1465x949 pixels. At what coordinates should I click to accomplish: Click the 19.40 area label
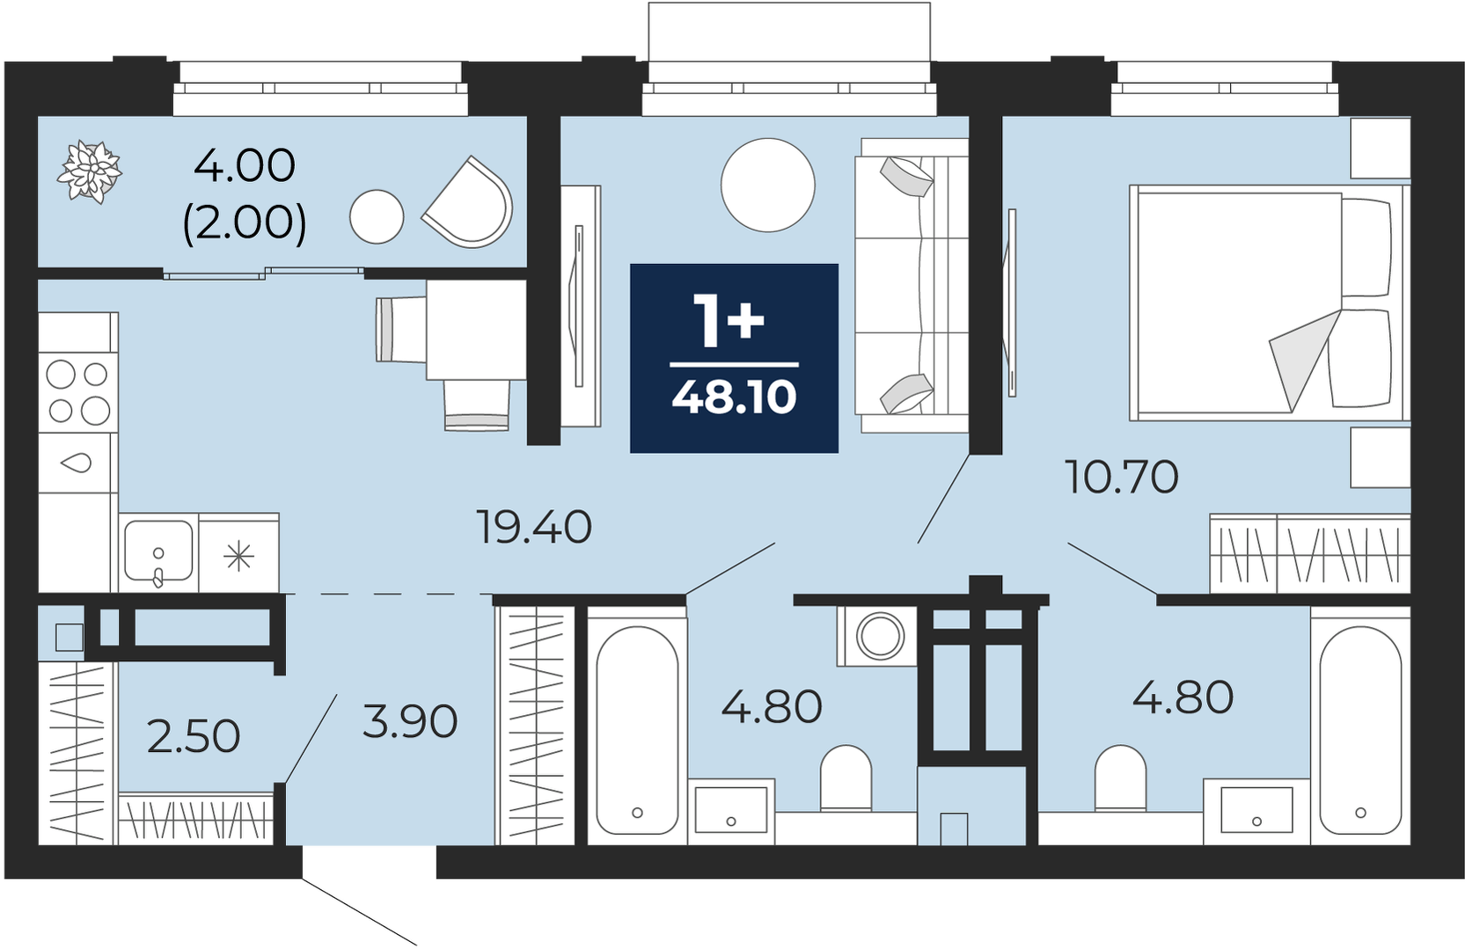[x=535, y=528]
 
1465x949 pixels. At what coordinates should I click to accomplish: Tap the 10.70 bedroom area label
[x=1122, y=477]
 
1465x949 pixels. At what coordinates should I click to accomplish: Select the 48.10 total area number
[x=734, y=397]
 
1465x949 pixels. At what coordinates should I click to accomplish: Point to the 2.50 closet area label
[x=194, y=736]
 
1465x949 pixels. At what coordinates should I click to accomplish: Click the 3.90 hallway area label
[x=410, y=722]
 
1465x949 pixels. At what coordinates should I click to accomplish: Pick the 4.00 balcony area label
[x=245, y=165]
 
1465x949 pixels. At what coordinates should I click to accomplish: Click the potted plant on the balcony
[x=90, y=172]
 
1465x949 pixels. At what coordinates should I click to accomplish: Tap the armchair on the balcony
[x=468, y=202]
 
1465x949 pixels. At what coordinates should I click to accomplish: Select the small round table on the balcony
[x=377, y=216]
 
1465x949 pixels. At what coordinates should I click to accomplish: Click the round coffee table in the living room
[x=768, y=185]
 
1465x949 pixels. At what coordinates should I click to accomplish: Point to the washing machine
[x=879, y=635]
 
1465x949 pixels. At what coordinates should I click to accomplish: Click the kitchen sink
[x=158, y=552]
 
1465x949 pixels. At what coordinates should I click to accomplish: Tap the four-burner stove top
[x=78, y=393]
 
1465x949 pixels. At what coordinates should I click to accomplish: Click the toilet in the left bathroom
[x=846, y=778]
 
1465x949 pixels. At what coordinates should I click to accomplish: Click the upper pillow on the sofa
[x=906, y=177]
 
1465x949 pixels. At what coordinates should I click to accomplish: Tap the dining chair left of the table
[x=401, y=330]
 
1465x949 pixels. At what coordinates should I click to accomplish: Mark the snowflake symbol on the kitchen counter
[x=238, y=557]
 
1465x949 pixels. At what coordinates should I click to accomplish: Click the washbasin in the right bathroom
[x=1256, y=811]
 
